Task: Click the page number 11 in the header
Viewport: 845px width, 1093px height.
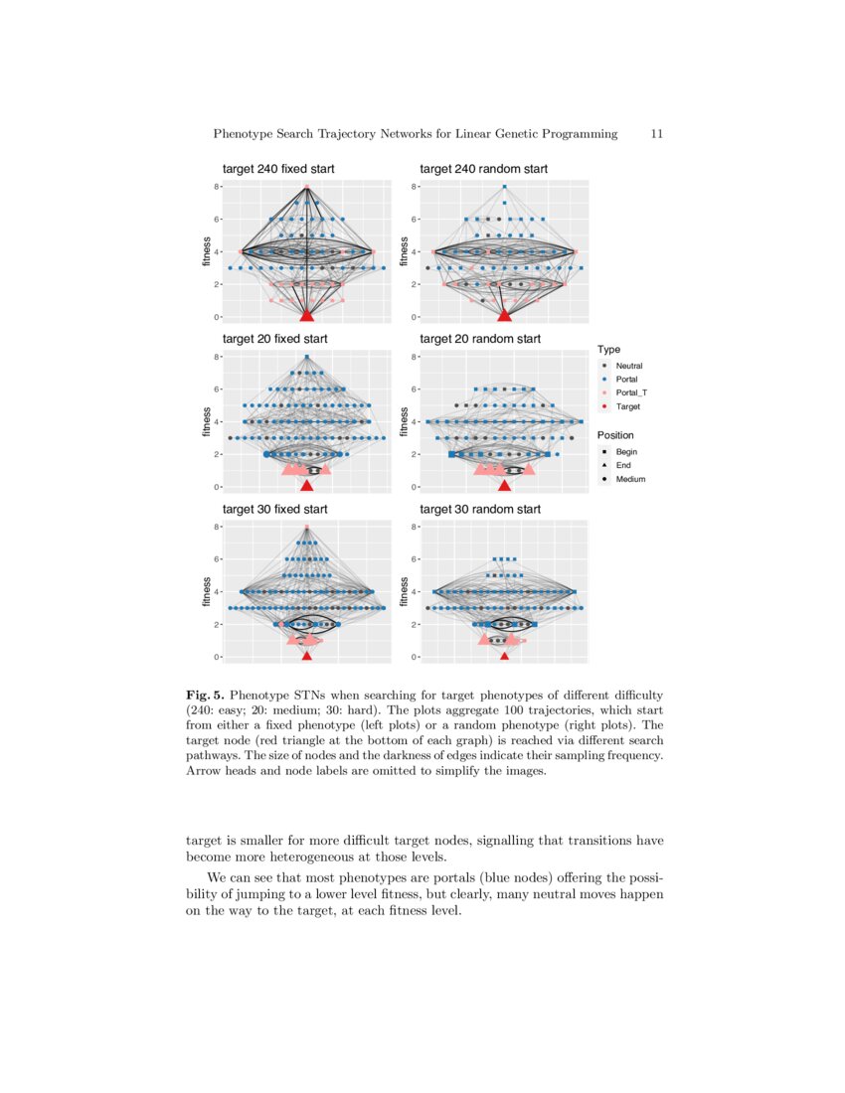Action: [656, 133]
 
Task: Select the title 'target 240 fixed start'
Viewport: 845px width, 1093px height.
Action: [278, 169]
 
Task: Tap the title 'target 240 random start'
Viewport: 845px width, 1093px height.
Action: [483, 169]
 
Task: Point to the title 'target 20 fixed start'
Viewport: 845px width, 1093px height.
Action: [274, 339]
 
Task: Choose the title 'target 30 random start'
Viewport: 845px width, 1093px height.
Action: [480, 509]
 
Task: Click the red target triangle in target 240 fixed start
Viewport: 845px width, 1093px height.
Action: [306, 314]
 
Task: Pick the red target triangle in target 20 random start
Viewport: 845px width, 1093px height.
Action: [505, 485]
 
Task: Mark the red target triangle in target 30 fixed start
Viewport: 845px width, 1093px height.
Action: [306, 656]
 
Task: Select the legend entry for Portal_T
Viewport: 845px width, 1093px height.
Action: [631, 393]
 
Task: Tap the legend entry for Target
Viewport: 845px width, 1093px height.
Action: [627, 407]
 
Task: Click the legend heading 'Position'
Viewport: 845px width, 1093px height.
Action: [614, 435]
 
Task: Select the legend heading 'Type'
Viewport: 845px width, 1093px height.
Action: [608, 350]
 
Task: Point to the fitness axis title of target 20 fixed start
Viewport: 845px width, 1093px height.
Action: [207, 421]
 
